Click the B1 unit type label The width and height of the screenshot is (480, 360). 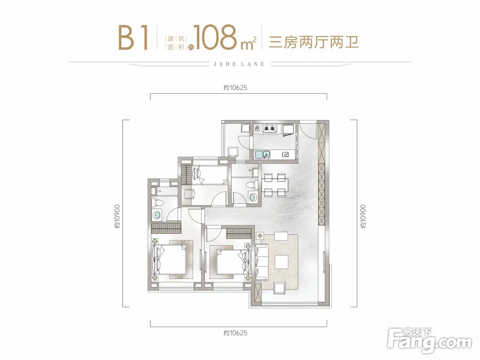click(x=134, y=37)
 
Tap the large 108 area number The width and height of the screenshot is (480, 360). click(x=215, y=37)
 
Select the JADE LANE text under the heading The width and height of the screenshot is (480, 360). click(x=239, y=64)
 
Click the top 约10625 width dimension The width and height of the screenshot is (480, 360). click(x=235, y=88)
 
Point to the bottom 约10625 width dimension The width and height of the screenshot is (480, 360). click(x=235, y=333)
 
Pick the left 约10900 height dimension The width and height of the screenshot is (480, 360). click(x=117, y=217)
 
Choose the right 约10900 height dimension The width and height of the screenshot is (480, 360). click(x=363, y=217)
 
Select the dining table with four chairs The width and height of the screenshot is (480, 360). click(x=275, y=185)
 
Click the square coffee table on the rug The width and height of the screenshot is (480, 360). click(x=281, y=262)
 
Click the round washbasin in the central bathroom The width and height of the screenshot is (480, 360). click(x=253, y=197)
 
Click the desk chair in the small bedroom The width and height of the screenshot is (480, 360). click(x=189, y=194)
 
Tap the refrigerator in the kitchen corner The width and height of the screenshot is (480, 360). click(x=288, y=129)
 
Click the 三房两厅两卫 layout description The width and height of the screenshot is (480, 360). click(x=314, y=42)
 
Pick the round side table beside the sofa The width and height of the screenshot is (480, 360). click(x=260, y=236)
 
